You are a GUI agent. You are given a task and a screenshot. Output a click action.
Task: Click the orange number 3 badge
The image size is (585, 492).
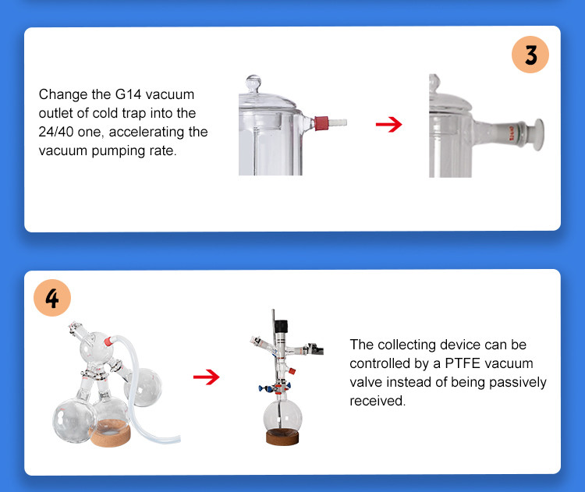[530, 55]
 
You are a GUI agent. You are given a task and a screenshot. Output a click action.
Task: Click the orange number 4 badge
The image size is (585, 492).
[52, 298]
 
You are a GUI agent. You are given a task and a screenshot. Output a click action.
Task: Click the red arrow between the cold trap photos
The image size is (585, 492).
[388, 124]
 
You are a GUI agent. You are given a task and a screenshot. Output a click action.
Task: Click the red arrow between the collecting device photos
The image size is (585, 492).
[207, 377]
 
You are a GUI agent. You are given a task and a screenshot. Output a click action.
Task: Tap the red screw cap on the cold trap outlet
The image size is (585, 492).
[321, 123]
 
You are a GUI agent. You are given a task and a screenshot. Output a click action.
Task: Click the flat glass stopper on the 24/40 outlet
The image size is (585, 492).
[538, 135]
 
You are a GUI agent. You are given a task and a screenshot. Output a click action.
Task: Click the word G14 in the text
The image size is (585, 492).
[128, 94]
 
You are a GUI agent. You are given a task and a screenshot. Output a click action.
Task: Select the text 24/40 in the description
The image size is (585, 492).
[56, 132]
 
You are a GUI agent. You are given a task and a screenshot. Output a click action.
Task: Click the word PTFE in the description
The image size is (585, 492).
[463, 363]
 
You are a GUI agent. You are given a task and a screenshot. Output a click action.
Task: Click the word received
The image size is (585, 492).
[378, 401]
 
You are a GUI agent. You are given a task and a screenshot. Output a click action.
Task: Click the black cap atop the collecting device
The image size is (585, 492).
[281, 326]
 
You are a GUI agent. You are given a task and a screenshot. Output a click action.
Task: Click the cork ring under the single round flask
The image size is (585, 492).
[282, 437]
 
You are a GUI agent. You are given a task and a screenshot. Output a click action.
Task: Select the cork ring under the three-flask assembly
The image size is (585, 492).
[111, 432]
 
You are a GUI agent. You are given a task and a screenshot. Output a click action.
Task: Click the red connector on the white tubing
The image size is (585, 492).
[108, 341]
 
